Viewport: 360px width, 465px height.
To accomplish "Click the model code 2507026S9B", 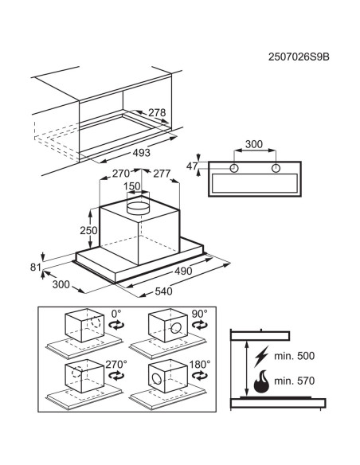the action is (x=299, y=57).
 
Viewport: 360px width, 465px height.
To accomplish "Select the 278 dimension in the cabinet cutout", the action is (x=157, y=113).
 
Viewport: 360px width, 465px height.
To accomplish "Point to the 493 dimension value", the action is (x=142, y=153).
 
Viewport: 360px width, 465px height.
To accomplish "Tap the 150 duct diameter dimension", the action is (x=132, y=186).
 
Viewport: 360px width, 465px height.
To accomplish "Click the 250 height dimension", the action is (x=88, y=230).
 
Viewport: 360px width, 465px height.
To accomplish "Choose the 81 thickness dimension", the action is (x=36, y=268).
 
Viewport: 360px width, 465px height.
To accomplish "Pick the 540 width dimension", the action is (x=163, y=291).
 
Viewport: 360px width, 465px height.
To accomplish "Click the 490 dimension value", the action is (x=183, y=271).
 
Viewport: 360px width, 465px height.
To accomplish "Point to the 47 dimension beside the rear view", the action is (x=192, y=166).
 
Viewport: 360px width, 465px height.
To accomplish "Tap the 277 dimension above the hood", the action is (x=162, y=174).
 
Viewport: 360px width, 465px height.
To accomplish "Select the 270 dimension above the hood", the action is (x=121, y=174).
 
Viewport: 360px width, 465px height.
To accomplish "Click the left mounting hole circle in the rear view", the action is (x=234, y=168).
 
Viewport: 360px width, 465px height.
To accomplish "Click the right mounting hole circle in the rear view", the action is (x=276, y=168).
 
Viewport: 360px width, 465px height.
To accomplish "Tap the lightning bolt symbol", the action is (x=261, y=356).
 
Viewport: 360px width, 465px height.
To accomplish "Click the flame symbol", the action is (x=261, y=381).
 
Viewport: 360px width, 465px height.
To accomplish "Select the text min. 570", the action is (x=294, y=381).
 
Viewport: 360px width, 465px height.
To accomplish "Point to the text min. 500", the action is (x=294, y=356).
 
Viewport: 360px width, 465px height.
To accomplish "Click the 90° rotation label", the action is (x=199, y=314).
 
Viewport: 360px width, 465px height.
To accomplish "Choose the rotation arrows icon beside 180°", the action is (x=200, y=376).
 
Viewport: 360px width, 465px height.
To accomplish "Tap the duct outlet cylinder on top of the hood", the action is (x=138, y=208).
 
